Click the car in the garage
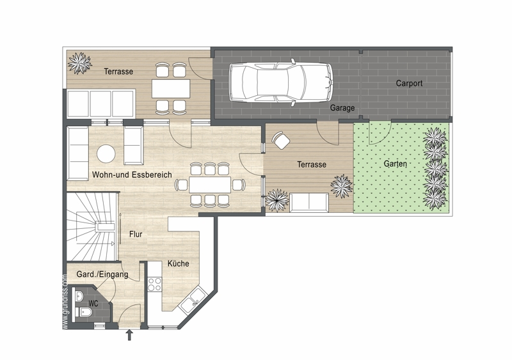(280, 82)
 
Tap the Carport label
(409, 83)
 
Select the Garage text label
(342, 107)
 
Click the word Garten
(395, 164)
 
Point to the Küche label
(179, 263)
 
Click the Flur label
(136, 234)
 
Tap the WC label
(93, 304)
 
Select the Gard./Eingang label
(102, 274)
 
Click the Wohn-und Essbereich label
(132, 175)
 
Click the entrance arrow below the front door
(129, 335)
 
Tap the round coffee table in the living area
(106, 153)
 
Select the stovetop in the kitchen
(154, 284)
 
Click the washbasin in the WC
(79, 296)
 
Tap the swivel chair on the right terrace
(280, 140)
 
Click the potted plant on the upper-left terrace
(79, 63)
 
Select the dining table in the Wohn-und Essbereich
(210, 185)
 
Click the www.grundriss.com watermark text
(65, 302)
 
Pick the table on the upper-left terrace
(171, 88)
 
